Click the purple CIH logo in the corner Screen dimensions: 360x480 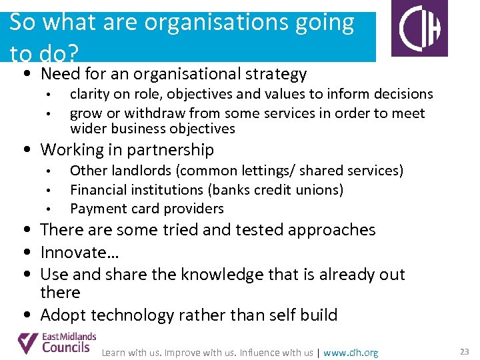click(x=419, y=28)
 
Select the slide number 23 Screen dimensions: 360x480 click(x=464, y=351)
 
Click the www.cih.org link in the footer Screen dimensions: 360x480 click(x=351, y=353)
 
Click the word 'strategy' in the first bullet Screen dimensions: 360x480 click(x=275, y=74)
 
